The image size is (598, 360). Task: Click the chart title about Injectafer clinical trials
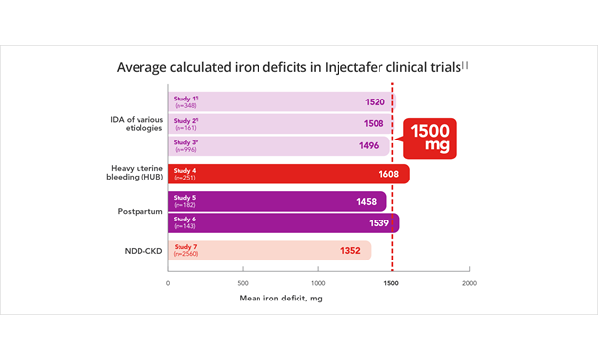coord(293,67)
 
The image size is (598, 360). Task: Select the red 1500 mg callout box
coord(430,137)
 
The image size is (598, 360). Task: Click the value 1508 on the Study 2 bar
coord(373,124)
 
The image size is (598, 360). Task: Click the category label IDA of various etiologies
coord(136,124)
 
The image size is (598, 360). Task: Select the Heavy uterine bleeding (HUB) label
coord(136,174)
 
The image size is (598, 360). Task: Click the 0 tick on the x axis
coord(168,283)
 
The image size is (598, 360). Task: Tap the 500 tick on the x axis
coord(243,283)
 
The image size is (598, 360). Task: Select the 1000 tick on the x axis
coord(318,283)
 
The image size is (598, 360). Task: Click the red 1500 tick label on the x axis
coord(392,283)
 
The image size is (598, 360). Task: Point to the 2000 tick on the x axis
coord(468,283)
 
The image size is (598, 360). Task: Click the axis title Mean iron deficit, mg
coord(281,298)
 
